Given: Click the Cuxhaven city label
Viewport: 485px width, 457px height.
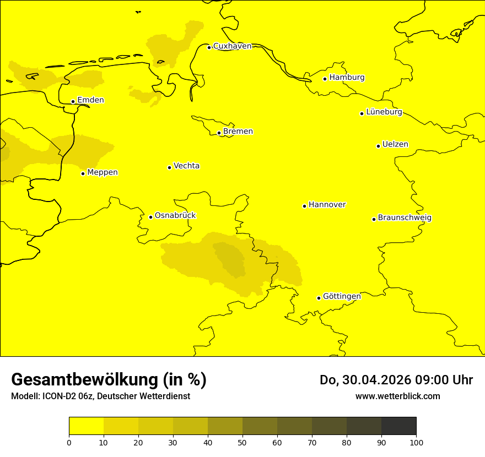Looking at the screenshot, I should click(232, 46).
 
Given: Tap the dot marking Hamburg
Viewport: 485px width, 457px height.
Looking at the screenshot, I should click(325, 79).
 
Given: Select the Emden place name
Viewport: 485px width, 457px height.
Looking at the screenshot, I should click(90, 100).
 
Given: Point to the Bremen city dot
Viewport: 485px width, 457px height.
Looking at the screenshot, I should click(219, 133).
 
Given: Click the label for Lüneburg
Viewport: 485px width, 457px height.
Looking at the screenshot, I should click(384, 112).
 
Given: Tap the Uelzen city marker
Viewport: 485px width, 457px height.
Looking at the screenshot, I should click(378, 146).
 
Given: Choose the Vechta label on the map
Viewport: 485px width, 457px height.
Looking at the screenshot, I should click(186, 166).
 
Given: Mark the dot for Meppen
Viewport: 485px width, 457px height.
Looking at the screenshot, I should click(83, 173).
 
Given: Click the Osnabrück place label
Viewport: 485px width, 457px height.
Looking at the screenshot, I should click(175, 216).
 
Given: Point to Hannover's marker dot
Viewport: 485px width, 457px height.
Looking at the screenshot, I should click(304, 206).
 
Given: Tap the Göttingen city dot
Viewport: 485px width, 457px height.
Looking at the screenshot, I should click(319, 298).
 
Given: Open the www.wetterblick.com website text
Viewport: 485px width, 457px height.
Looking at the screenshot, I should click(397, 396).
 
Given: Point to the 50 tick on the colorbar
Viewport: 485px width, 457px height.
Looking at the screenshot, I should click(242, 442).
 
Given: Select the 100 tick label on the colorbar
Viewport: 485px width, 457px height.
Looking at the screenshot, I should click(416, 442).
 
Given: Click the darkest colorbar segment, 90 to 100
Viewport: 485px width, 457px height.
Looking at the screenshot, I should click(398, 426).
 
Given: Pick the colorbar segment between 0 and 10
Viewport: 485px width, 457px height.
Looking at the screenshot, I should click(86, 426).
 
